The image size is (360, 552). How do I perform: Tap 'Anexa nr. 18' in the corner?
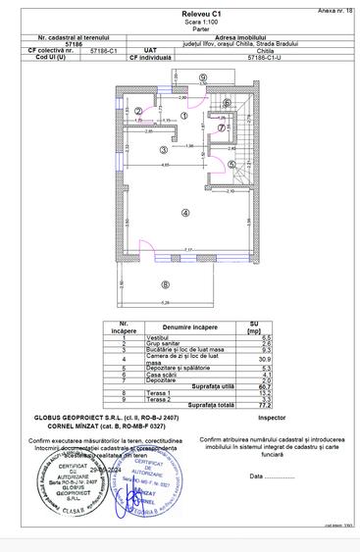click(x=334, y=7)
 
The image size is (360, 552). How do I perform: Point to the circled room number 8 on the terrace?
click(x=166, y=284)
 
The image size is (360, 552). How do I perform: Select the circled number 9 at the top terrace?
click(x=201, y=76)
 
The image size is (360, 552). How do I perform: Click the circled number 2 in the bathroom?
click(x=138, y=111)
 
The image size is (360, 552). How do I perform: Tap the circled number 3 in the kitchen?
click(x=163, y=150)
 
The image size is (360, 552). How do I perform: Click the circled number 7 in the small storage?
click(x=223, y=128)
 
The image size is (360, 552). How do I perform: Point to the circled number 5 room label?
click(x=231, y=165)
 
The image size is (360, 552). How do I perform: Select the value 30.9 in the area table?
click(x=253, y=362)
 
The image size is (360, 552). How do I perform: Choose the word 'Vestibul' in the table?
click(x=159, y=337)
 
